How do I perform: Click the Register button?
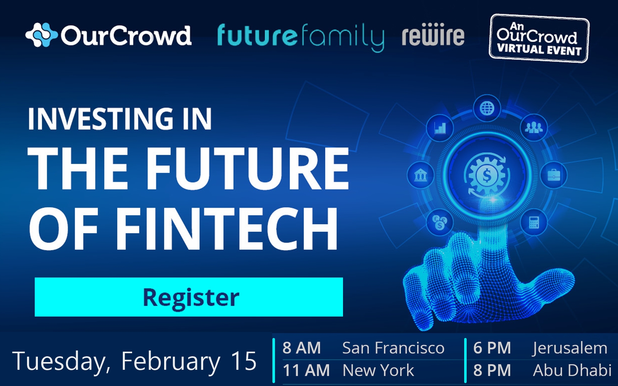189,297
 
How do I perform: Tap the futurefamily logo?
301,37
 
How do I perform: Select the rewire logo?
433,34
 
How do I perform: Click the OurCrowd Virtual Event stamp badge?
539,38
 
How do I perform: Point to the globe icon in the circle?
487,108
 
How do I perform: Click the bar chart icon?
440,128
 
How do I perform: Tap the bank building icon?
421,175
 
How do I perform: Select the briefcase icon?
553,175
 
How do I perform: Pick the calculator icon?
534,222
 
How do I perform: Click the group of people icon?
533,127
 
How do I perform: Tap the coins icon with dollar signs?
440,222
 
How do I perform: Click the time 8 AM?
302,348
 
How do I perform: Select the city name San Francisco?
393,348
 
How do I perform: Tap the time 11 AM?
306,370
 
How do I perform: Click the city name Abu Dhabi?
572,370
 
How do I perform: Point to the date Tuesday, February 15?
134,361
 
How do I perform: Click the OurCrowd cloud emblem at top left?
41,35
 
